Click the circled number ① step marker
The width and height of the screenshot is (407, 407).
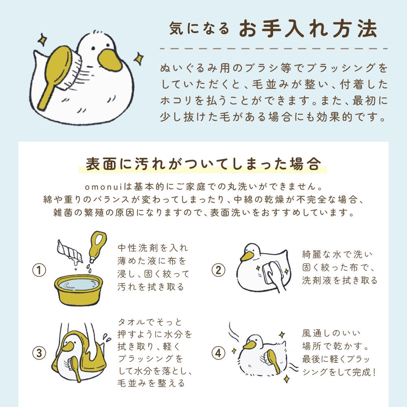pos(39,270)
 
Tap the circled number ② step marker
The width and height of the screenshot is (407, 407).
pos(218,270)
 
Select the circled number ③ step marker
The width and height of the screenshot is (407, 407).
pos(39,353)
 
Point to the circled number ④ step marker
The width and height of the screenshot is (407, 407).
pos(218,353)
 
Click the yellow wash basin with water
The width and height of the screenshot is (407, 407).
pos(78,289)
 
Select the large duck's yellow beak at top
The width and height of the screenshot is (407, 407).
pos(109,60)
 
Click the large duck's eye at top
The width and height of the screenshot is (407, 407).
pos(93,48)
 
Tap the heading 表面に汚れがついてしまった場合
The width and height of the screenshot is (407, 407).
pos(203,164)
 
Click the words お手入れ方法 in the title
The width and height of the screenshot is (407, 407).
pos(308,28)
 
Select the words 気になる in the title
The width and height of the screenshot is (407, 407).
pos(199,28)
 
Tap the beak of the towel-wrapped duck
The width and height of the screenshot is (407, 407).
pos(68,346)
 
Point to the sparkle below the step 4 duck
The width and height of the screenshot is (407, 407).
pos(287,379)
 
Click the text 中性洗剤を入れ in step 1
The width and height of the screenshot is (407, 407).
pos(153,248)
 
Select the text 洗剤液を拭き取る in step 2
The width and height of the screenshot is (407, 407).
pos(340,280)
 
